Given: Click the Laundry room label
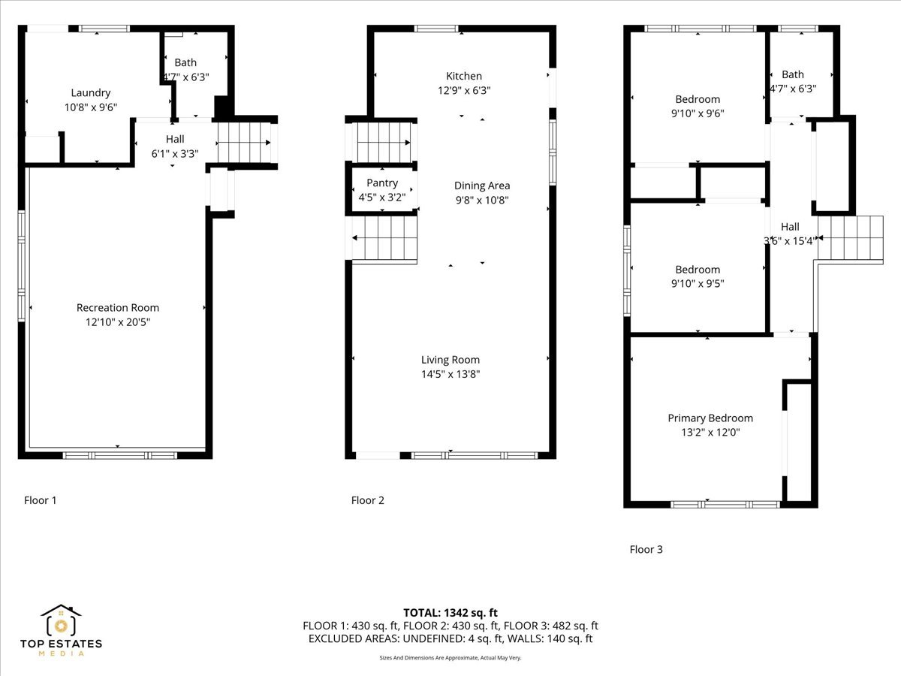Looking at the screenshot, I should tap(91, 92).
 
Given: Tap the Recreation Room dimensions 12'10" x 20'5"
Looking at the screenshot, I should tap(118, 321).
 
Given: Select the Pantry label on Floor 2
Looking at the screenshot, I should tap(381, 183).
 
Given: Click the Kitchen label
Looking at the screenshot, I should tap(464, 76).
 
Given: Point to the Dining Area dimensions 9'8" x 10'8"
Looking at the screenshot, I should tap(482, 200).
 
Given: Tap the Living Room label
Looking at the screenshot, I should tap(450, 360).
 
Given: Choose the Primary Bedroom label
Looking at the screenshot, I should tap(710, 418).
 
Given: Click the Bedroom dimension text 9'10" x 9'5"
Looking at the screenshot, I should tap(698, 284).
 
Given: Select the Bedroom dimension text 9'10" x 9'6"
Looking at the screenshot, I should tap(698, 113).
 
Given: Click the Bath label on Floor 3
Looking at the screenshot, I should tap(792, 74).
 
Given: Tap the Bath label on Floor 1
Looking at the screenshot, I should tap(185, 62).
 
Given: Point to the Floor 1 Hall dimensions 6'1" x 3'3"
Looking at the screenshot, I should tap(175, 153).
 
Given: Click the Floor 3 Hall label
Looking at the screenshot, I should tap(790, 227).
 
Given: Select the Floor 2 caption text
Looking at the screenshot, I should tap(368, 500).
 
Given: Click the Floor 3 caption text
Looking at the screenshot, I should tap(646, 549).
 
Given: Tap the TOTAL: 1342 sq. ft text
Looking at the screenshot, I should tap(450, 612).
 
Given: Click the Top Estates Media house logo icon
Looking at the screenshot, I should tap(61, 623).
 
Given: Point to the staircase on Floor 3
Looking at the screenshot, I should tap(852, 238).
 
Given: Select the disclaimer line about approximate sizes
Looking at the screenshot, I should tap(450, 658).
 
